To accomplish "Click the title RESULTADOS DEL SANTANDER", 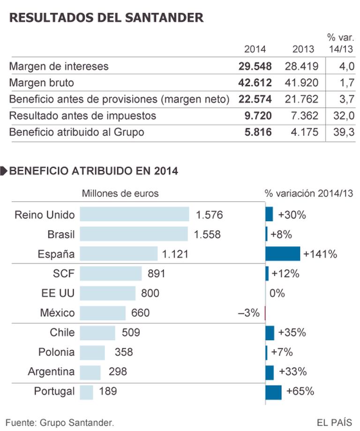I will (x=106, y=18).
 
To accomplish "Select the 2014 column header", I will (x=255, y=49).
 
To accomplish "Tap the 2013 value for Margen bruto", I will (x=301, y=83).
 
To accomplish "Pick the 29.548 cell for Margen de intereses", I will (x=255, y=67).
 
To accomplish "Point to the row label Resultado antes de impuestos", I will (x=83, y=115).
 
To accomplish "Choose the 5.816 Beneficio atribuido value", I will (x=258, y=132).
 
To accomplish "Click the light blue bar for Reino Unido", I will (x=134, y=214).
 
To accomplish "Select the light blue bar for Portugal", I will (x=87, y=391).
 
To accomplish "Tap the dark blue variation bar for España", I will (x=283, y=254).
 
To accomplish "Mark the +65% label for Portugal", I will (x=300, y=391).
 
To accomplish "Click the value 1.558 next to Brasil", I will (x=207, y=234).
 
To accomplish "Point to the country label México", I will (x=58, y=312).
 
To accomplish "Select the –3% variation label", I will (x=248, y=313).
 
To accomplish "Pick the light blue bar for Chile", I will (x=97, y=333).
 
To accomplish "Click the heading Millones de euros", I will (x=120, y=193).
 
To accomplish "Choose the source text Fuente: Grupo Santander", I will (x=60, y=422).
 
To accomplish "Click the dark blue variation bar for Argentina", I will (x=270, y=372).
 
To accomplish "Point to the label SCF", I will (x=64, y=273).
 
